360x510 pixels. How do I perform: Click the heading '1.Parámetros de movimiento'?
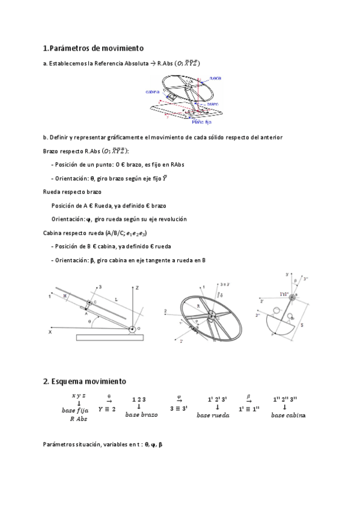pyautogui.click(x=93, y=48)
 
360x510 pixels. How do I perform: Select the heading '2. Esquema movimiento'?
pyautogui.click(x=84, y=381)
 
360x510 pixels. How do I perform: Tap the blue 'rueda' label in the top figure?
pyautogui.click(x=215, y=78)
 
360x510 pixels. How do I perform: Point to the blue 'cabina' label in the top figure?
pyautogui.click(x=153, y=92)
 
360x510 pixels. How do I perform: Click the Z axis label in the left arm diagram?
pyautogui.click(x=137, y=289)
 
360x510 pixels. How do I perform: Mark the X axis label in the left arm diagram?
pyautogui.click(x=50, y=331)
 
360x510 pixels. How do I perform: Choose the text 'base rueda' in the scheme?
pyautogui.click(x=213, y=415)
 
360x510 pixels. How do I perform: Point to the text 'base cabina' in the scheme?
pyautogui.click(x=288, y=415)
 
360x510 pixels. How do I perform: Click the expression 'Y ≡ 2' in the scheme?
pyautogui.click(x=109, y=408)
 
